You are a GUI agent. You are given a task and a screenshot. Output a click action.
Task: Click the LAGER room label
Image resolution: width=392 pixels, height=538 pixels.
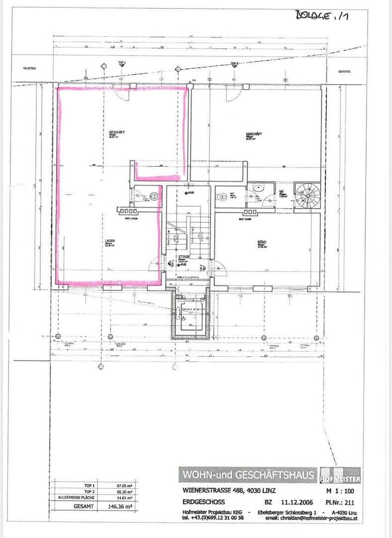tap(110, 241)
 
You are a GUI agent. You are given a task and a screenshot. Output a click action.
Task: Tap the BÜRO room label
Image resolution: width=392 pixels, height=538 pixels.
tap(262, 242)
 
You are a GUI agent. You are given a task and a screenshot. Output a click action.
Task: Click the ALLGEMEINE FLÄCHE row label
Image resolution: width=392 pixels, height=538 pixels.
tap(77, 497)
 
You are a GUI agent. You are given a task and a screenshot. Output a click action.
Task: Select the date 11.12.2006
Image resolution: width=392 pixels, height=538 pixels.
tap(296, 502)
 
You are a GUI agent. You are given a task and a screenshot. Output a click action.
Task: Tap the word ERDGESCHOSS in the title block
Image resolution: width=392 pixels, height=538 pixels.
tap(204, 502)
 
